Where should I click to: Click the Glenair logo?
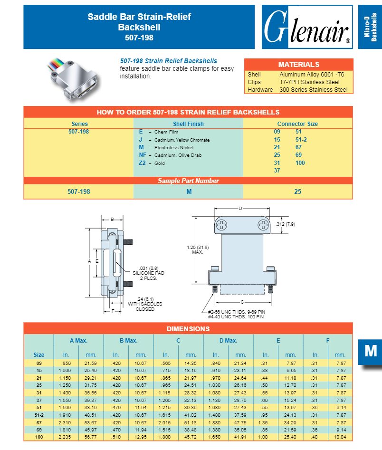tap(307, 27)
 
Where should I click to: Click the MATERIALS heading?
tap(298, 65)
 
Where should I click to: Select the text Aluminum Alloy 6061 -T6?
tap(312, 75)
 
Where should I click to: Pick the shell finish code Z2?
tap(142, 163)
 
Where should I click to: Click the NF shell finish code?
tap(142, 155)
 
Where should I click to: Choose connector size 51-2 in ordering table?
tap(301, 140)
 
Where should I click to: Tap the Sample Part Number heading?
tap(188, 181)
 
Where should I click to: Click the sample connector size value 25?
tap(297, 191)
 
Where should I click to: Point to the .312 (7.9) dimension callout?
tap(286, 224)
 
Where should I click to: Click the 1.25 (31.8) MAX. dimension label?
tap(197, 249)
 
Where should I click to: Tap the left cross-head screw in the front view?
tap(223, 225)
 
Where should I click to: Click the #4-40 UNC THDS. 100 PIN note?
tap(236, 316)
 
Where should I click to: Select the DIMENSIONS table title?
tap(188, 329)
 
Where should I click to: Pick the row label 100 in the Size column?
tap(39, 436)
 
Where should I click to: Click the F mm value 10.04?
tap(340, 436)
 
